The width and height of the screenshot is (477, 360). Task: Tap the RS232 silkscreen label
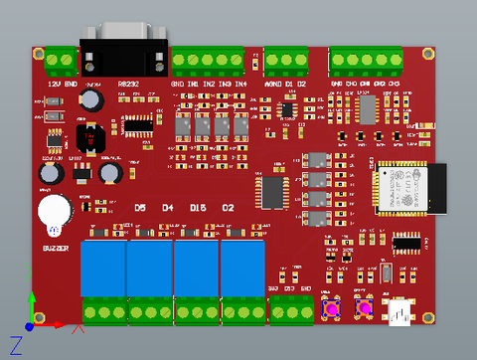128,84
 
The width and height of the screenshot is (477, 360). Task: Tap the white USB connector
401,312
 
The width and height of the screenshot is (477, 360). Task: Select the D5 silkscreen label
140,208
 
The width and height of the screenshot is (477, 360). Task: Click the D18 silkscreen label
198,208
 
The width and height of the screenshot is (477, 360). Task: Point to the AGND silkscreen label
271,84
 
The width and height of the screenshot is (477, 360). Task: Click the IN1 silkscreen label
193,84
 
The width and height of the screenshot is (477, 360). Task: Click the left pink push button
330,309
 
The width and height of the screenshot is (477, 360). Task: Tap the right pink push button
365,309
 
